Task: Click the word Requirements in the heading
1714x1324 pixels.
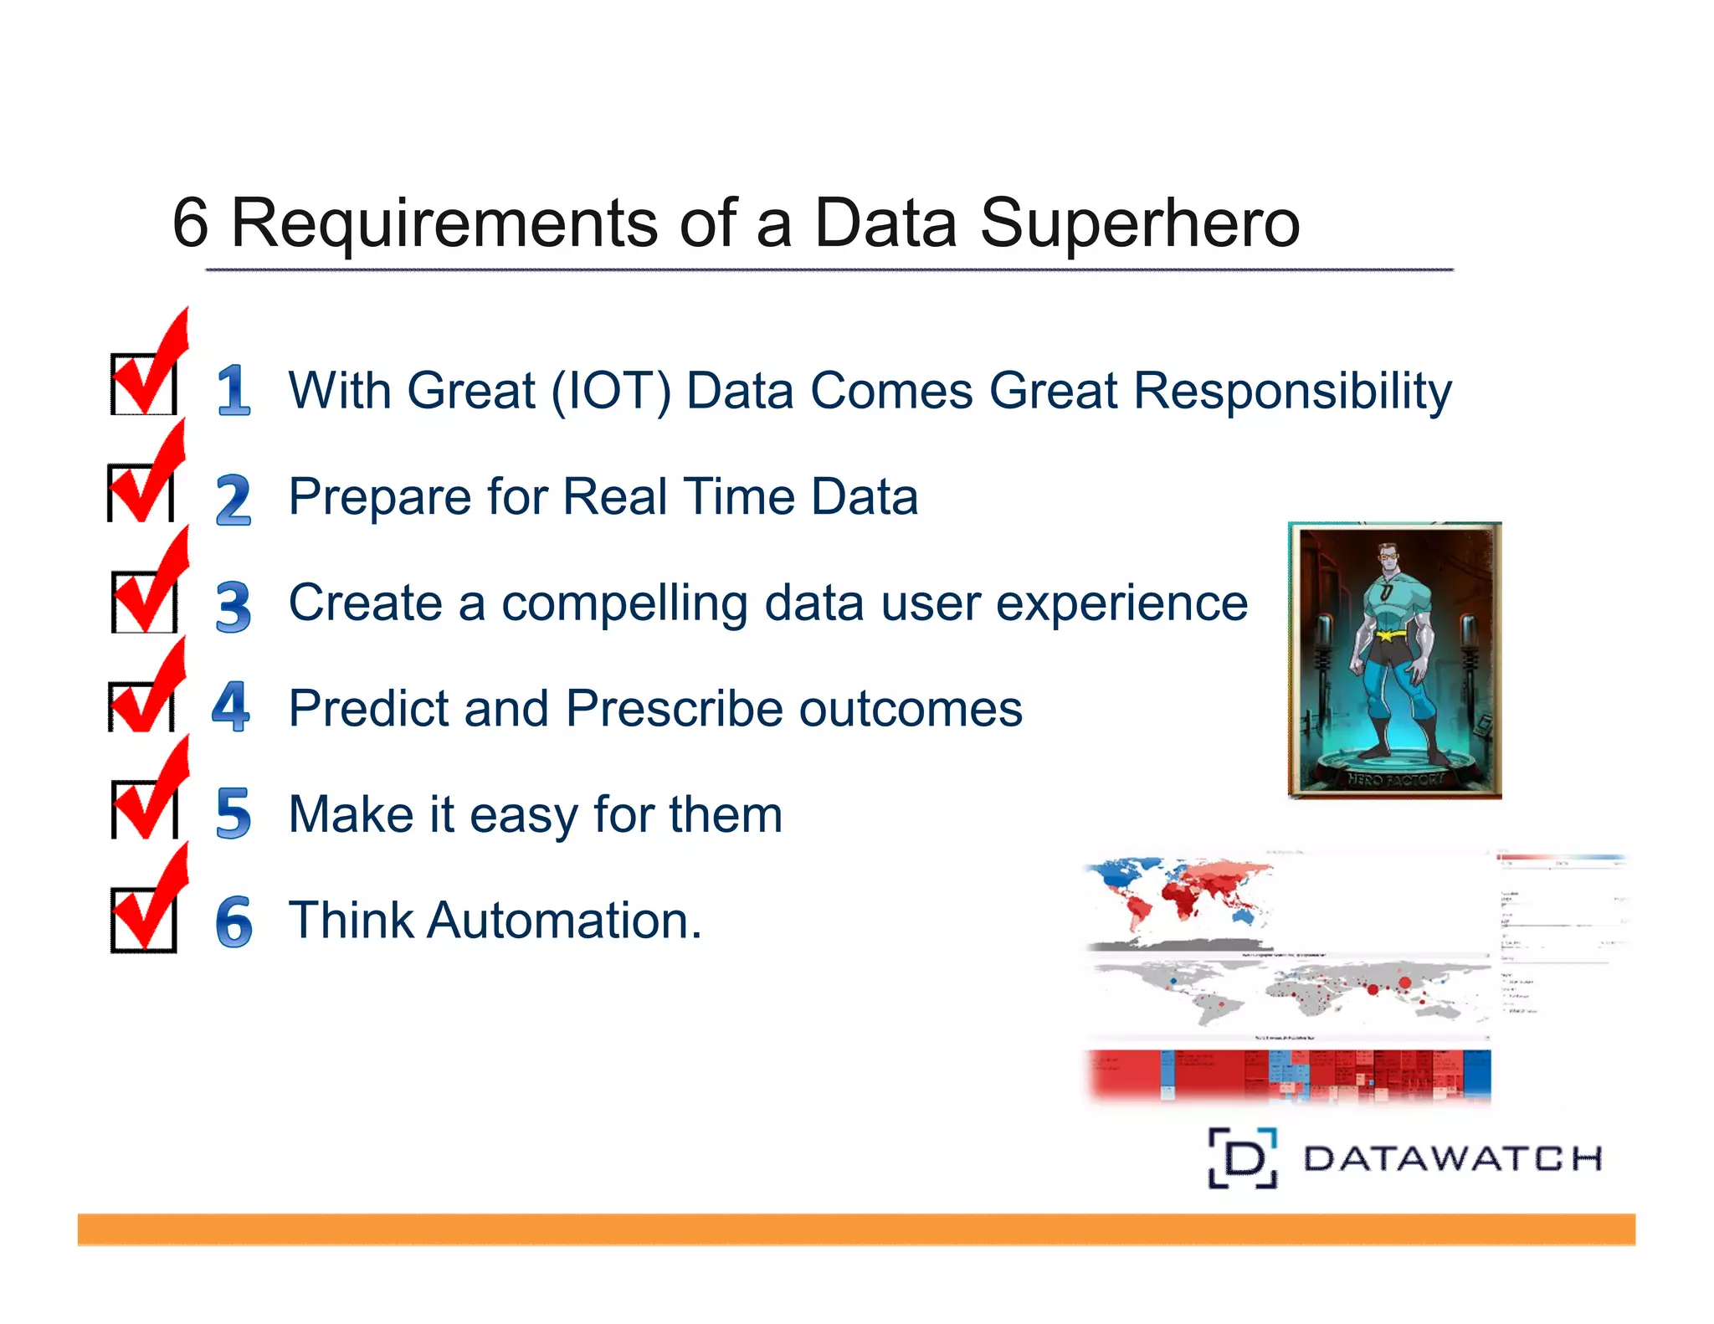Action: coord(444,224)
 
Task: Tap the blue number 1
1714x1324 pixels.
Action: coord(233,390)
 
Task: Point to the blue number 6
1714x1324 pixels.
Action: coord(233,921)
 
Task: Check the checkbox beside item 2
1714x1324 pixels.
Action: coord(141,493)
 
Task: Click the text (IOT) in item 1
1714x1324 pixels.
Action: coord(611,391)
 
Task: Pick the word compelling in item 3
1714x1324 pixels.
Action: coord(624,604)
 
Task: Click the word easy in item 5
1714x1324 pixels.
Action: coord(523,815)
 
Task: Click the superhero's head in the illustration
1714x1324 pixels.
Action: coord(1388,557)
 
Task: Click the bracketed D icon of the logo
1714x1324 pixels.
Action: coord(1243,1158)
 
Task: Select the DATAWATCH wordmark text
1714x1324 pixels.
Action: coord(1452,1159)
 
